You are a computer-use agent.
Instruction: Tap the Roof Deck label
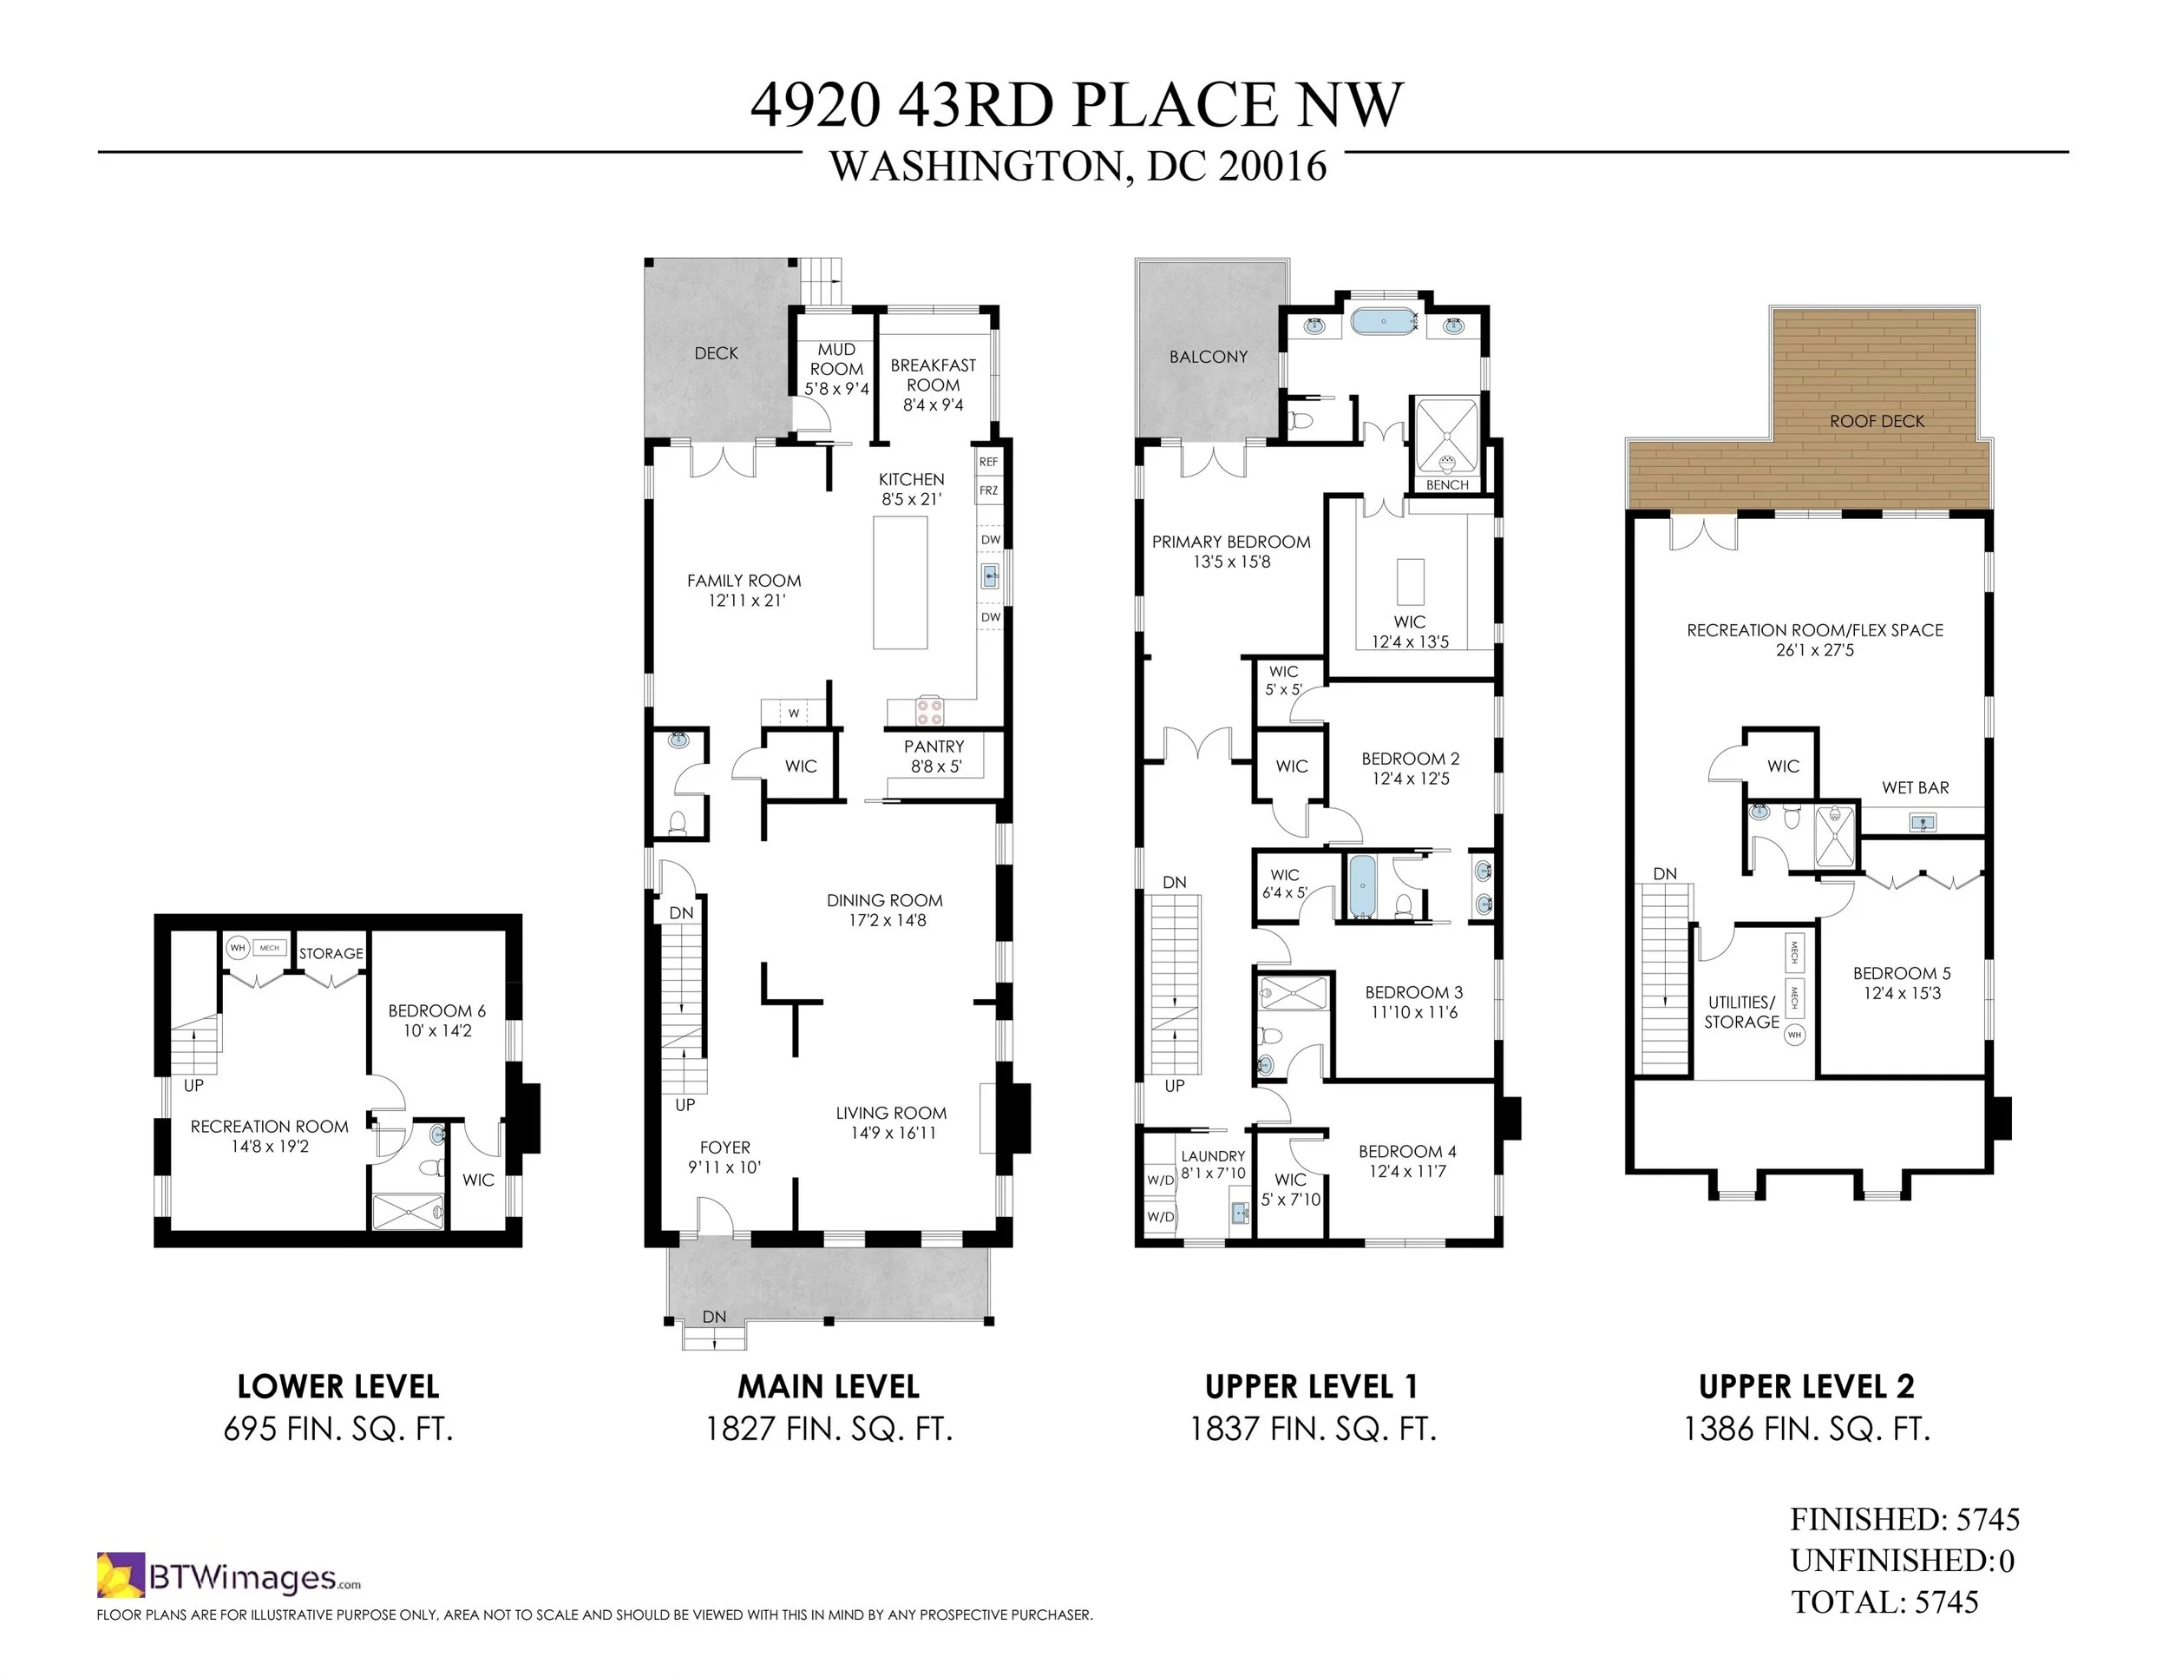(x=1876, y=421)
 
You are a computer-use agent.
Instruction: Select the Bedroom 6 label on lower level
(x=437, y=1020)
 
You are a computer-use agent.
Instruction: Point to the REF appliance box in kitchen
(x=988, y=462)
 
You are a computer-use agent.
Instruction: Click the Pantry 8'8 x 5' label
(x=934, y=756)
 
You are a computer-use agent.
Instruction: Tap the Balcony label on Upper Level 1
(x=1208, y=357)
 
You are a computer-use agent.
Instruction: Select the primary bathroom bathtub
(x=1385, y=322)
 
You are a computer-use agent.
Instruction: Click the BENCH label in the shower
(x=1447, y=485)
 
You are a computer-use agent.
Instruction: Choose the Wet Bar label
(x=1915, y=788)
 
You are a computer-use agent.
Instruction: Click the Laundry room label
(x=1213, y=1163)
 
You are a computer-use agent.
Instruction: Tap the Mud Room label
(x=836, y=369)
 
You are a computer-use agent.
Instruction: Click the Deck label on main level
(x=716, y=352)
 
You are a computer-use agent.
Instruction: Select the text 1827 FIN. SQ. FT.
(x=829, y=1429)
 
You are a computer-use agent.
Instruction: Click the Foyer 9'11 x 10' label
(x=725, y=1156)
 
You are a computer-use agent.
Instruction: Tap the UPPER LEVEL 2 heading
(x=1805, y=1385)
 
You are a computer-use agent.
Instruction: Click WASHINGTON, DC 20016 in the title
(x=1078, y=166)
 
